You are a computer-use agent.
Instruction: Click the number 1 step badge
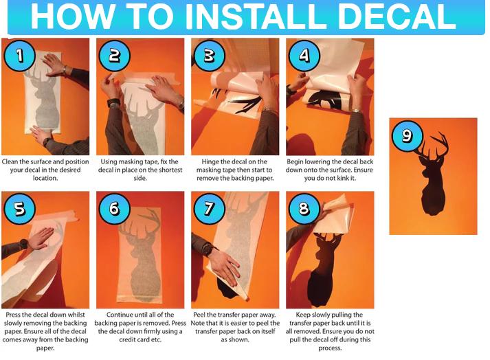pyautogui.click(x=19, y=56)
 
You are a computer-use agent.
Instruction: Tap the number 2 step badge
pyautogui.click(x=114, y=56)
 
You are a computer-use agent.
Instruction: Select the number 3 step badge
pyautogui.click(x=210, y=56)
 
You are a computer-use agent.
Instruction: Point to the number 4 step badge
pyautogui.click(x=304, y=56)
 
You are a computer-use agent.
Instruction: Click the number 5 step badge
pyautogui.click(x=19, y=208)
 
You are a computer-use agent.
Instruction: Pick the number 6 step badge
pyautogui.click(x=114, y=208)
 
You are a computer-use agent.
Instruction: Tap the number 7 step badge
pyautogui.click(x=210, y=208)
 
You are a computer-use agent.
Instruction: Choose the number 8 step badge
pyautogui.click(x=304, y=208)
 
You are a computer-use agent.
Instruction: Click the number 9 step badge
pyautogui.click(x=408, y=136)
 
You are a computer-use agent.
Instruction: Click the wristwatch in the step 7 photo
pyautogui.click(x=209, y=249)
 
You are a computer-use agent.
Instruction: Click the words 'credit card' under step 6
pyautogui.click(x=133, y=339)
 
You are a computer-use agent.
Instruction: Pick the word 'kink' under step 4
pyautogui.click(x=347, y=178)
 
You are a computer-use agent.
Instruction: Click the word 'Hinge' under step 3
pyautogui.click(x=211, y=162)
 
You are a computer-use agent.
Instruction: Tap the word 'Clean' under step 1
pyautogui.click(x=10, y=162)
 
